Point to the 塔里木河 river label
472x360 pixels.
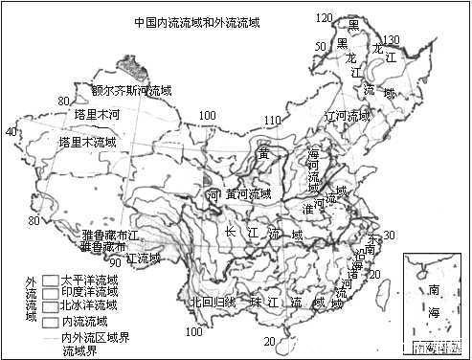100,114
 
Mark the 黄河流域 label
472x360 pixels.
248,194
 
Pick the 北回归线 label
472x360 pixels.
212,302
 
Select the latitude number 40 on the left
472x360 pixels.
11,131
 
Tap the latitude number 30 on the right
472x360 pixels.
389,235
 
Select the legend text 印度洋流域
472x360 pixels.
89,292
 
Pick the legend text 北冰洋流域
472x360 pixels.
89,305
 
